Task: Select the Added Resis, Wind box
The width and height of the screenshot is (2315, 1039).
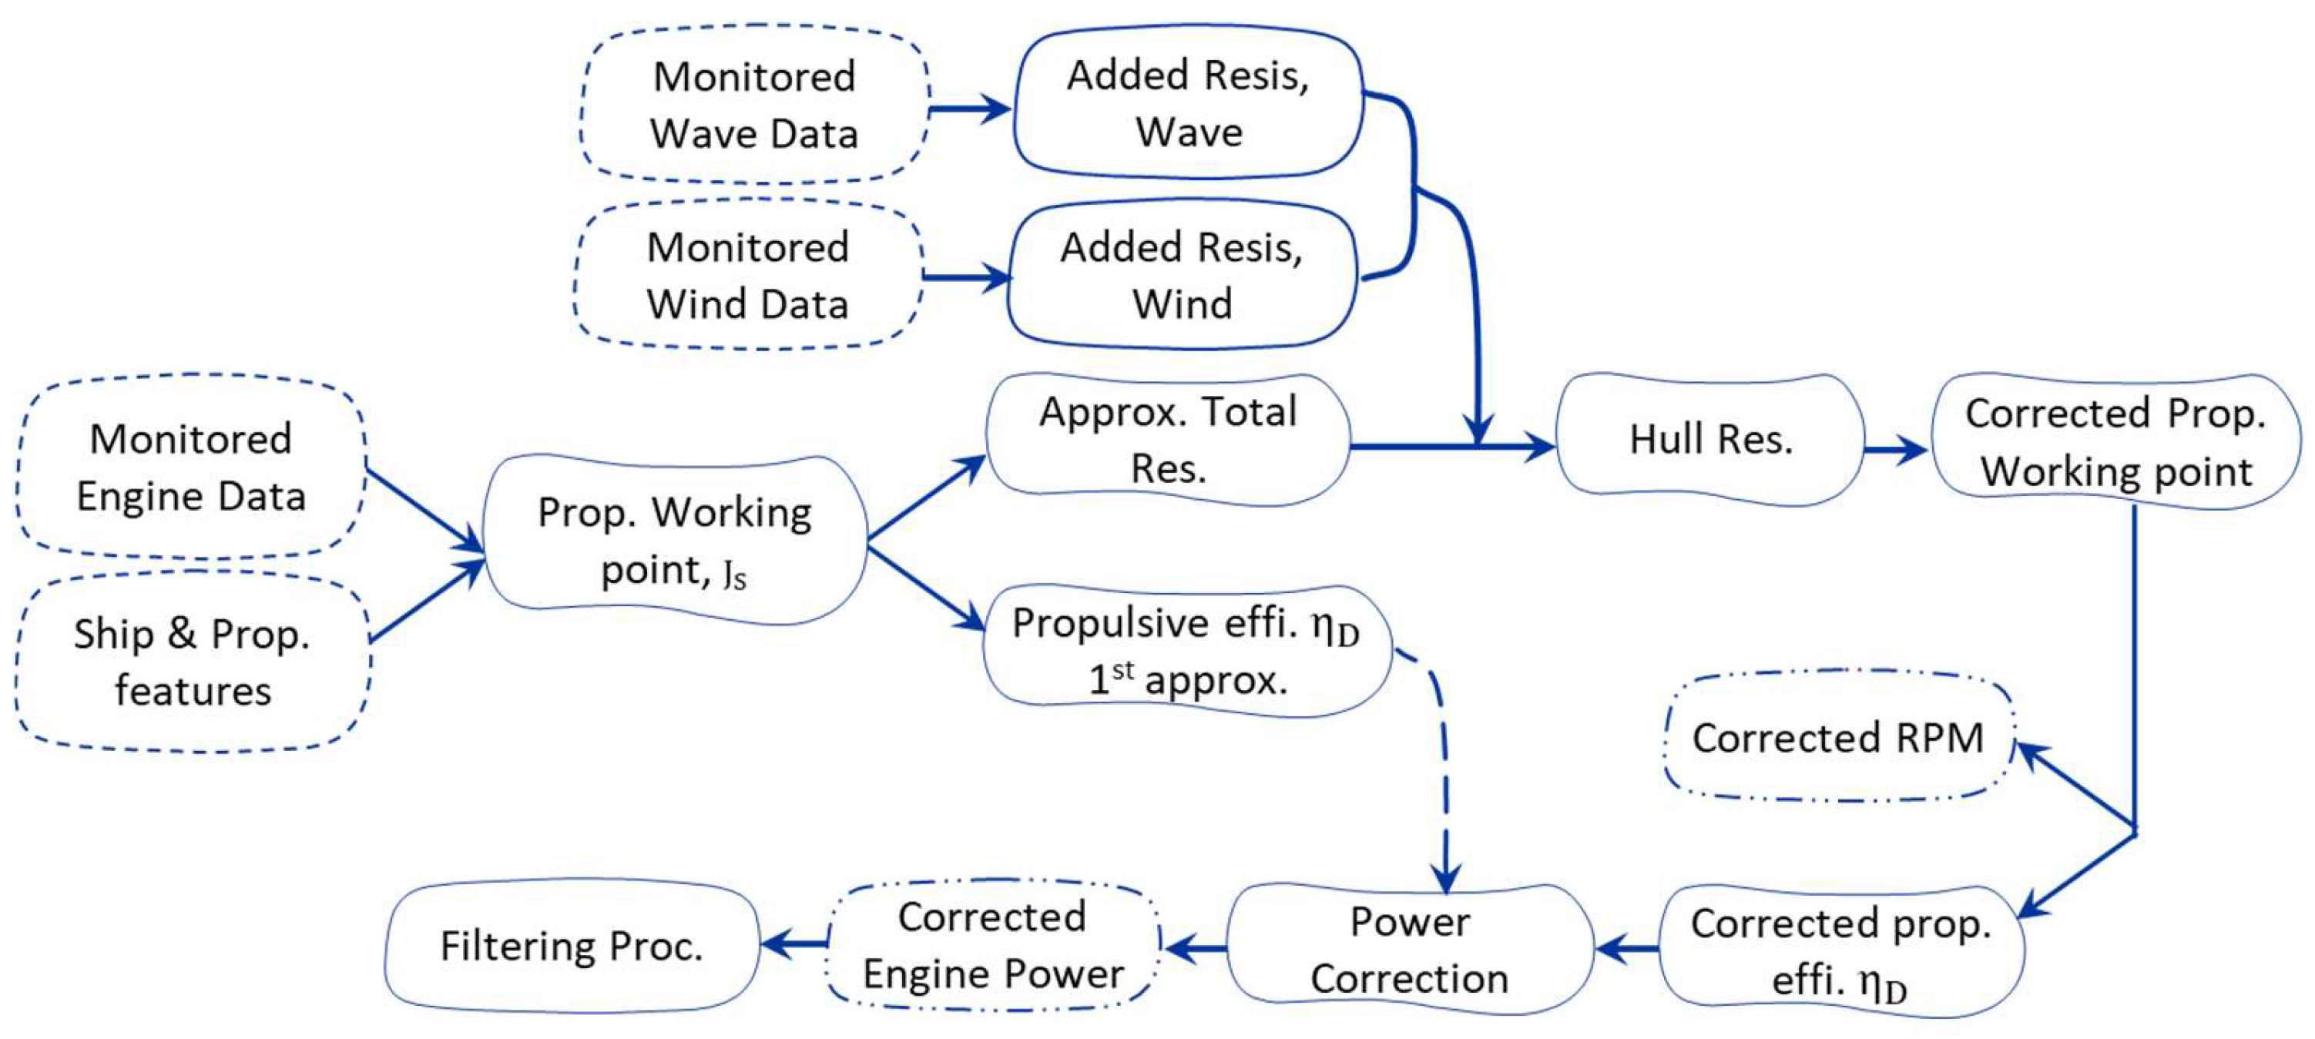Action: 1181,275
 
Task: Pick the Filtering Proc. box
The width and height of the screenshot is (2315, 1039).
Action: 572,946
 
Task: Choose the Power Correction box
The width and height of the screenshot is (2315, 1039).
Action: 1409,949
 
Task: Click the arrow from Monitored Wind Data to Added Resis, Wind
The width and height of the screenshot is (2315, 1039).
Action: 966,277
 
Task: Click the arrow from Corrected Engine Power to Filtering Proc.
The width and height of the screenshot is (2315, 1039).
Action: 794,943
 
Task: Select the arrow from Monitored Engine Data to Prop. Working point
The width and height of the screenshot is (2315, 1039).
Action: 424,510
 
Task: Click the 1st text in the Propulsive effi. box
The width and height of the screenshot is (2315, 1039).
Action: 1111,678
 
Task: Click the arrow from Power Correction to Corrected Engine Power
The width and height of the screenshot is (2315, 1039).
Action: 1193,947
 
